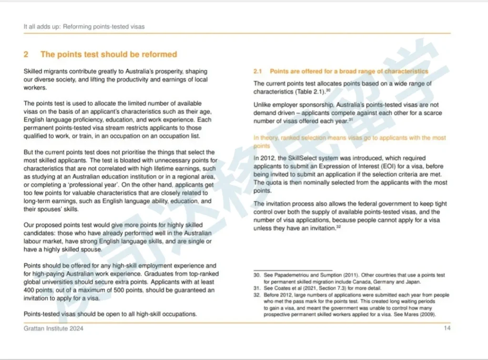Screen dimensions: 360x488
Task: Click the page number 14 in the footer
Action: (447, 328)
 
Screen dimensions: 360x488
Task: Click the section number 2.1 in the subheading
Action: (258, 71)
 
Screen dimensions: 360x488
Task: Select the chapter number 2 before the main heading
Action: (26, 54)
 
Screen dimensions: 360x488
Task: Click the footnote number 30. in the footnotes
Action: (257, 275)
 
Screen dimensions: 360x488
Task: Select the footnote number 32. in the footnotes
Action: (257, 295)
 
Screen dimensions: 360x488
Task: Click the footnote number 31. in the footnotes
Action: (257, 288)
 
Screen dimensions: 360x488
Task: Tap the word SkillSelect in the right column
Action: (302, 158)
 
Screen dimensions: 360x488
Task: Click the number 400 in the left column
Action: (30, 290)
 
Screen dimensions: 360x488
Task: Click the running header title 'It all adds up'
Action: (41, 27)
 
